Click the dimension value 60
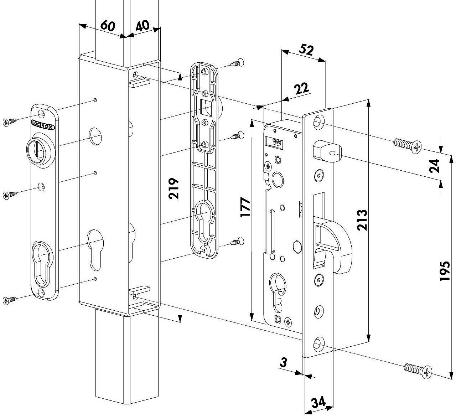[x=108, y=25]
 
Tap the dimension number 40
[x=142, y=25]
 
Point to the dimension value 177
[x=245, y=207]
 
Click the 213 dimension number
[x=362, y=220]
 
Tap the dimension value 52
[x=306, y=50]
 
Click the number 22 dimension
[x=301, y=88]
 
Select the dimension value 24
[x=434, y=166]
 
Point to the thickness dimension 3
[x=283, y=362]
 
